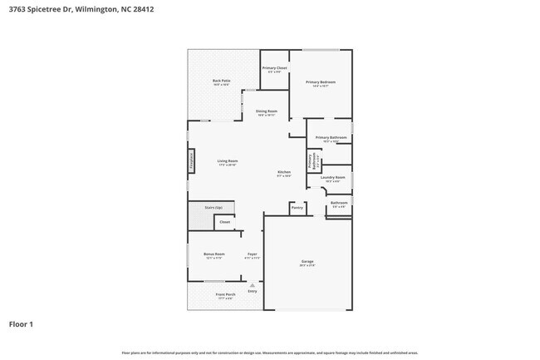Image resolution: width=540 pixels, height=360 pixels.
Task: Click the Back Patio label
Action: [x=222, y=81]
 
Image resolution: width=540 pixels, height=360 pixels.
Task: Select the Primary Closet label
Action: [x=275, y=67]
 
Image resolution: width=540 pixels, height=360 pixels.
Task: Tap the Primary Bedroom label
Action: [x=321, y=81]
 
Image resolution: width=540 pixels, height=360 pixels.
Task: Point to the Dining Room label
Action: [x=267, y=111]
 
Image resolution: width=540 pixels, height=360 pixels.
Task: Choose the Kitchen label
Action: [x=284, y=173]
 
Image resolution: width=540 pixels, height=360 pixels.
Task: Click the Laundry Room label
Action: [x=332, y=177]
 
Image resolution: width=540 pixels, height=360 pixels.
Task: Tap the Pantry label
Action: [x=297, y=207]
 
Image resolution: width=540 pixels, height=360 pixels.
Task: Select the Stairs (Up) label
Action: [x=214, y=207]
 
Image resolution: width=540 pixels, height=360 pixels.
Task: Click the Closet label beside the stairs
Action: [x=224, y=222]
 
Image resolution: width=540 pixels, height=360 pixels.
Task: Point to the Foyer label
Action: [x=253, y=254]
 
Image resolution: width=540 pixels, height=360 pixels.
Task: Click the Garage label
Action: [x=307, y=261]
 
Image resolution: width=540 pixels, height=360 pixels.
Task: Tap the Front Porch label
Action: [x=225, y=294]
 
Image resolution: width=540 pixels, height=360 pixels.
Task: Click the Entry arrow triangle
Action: [x=253, y=285]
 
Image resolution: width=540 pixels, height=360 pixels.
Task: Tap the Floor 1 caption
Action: [x=22, y=323]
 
